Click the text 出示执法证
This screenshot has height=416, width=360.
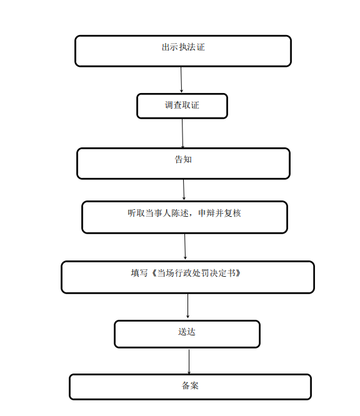point(183,47)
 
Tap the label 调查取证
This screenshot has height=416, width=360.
point(182,105)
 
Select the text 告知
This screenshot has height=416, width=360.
point(183,159)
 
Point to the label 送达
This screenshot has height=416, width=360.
point(187,332)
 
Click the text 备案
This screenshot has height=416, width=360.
point(190,385)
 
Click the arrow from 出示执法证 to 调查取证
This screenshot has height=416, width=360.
point(181,79)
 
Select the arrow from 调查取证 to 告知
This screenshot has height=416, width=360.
point(182,134)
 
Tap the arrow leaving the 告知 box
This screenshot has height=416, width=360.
point(184,190)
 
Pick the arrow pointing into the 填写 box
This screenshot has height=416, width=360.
point(185,247)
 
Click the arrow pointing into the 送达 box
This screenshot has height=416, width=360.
point(187,305)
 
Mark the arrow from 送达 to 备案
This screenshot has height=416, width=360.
point(189,362)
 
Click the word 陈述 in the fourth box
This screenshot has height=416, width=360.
point(180,213)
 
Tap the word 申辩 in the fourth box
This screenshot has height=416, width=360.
point(207,213)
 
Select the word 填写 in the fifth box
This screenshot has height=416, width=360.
point(139,273)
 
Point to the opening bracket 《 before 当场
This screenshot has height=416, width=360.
point(154,273)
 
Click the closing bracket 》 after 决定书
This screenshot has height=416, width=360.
point(238,273)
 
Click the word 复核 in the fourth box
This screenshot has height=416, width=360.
point(232,213)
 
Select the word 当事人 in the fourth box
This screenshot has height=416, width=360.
point(158,213)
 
